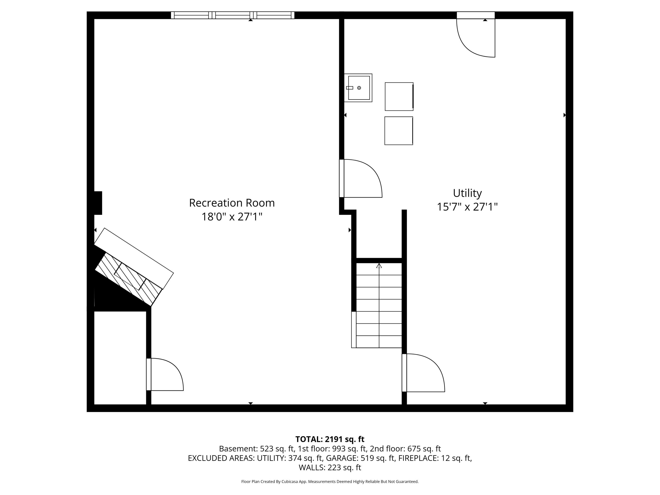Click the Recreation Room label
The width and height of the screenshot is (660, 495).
(232, 203)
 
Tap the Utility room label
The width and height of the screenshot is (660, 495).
(467, 193)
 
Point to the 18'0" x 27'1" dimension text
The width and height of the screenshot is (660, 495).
(232, 217)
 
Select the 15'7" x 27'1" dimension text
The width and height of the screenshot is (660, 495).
(467, 207)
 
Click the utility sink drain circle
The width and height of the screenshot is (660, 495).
(359, 88)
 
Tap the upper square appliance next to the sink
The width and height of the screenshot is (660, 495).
(399, 97)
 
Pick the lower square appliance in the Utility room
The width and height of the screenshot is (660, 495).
(398, 131)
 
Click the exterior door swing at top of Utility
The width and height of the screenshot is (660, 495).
(474, 39)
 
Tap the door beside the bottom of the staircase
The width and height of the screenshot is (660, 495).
(424, 373)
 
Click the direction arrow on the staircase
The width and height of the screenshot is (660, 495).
(379, 266)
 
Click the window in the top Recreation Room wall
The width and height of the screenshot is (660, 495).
(233, 15)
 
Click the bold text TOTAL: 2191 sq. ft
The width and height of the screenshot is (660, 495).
(330, 439)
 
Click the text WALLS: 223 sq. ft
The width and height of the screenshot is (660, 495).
(330, 467)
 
